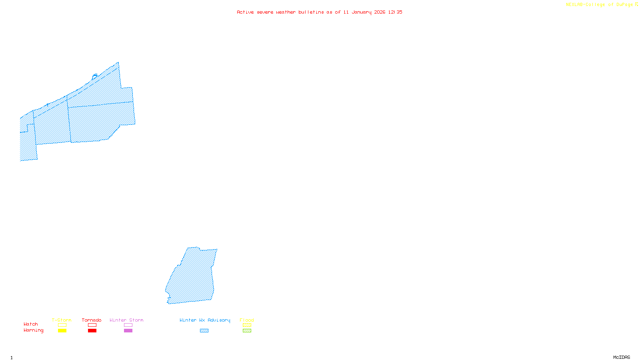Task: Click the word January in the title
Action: click(362, 12)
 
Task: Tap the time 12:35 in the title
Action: click(395, 12)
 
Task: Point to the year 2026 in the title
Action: click(380, 12)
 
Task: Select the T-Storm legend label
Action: click(62, 320)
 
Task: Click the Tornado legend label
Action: click(92, 320)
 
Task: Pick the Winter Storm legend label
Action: click(126, 320)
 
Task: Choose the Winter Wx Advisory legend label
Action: click(205, 320)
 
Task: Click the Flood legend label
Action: click(247, 320)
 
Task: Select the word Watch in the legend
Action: click(31, 324)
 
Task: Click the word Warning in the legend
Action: click(34, 330)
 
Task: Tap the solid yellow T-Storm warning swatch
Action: click(62, 331)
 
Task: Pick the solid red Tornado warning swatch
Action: click(92, 331)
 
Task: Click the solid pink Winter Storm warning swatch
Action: click(128, 331)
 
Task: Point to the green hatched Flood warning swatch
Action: click(247, 331)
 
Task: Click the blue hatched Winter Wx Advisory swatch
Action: click(204, 331)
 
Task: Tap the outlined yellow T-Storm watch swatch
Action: click(62, 325)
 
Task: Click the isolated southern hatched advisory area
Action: click(192, 276)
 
